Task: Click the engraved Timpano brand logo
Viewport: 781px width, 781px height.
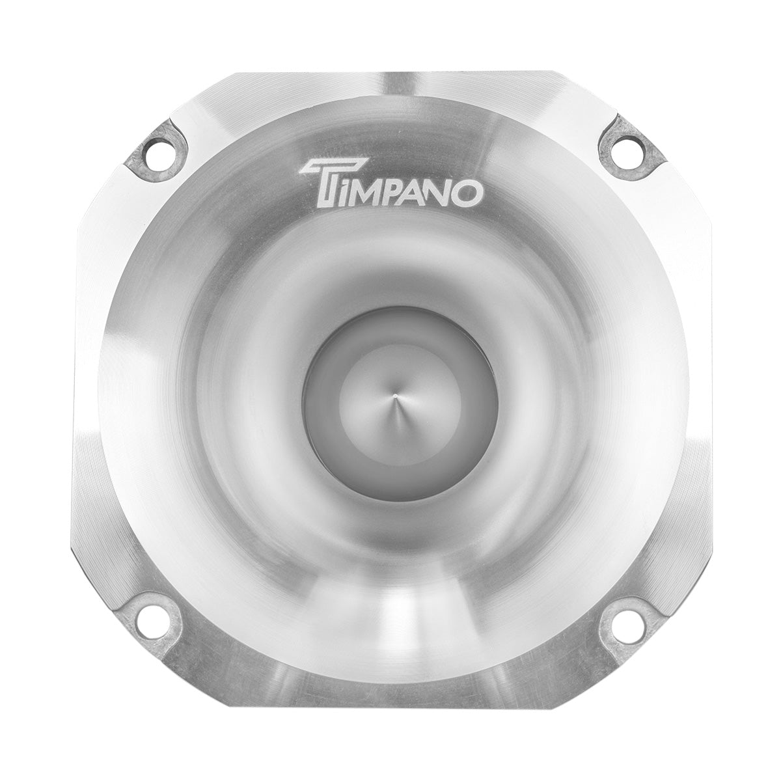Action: [390, 185]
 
